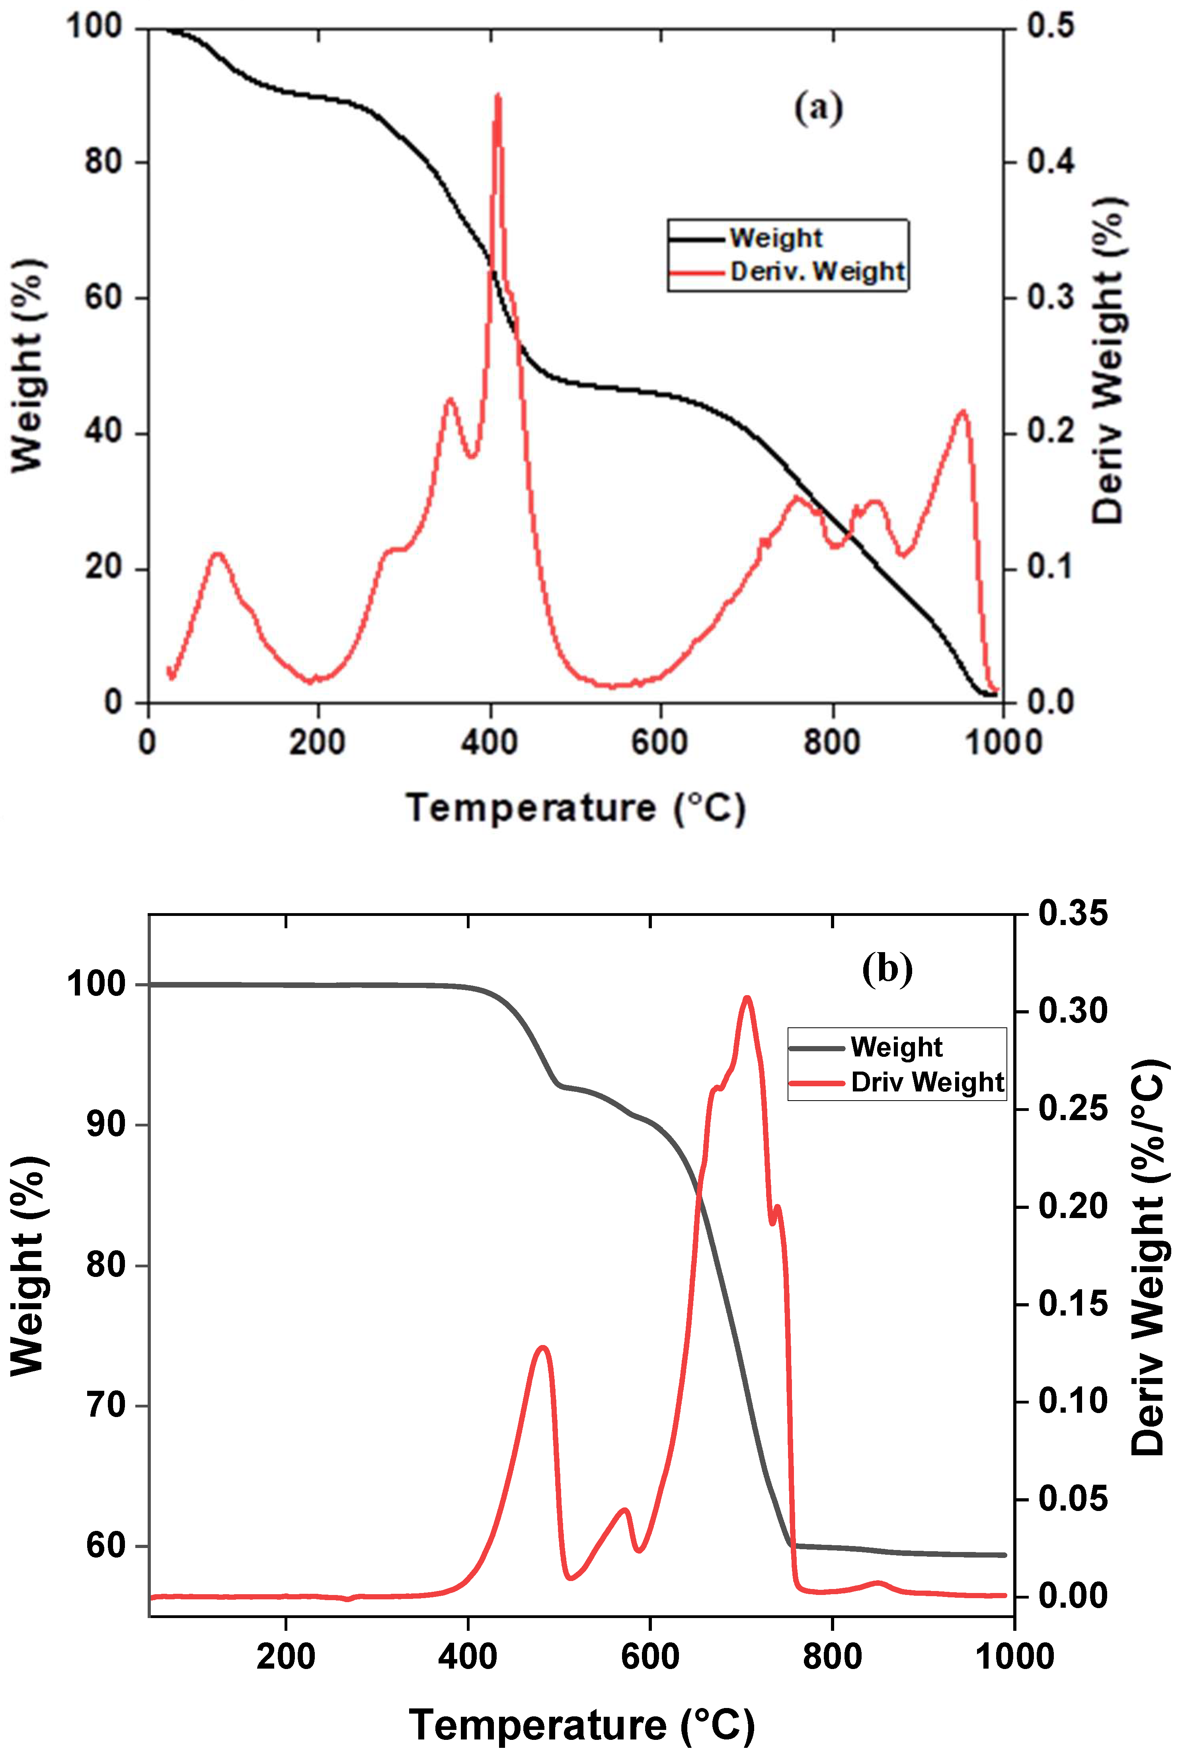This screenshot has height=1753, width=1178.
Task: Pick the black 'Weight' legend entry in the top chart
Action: [x=776, y=238]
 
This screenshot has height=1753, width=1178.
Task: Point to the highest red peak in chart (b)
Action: [x=746, y=999]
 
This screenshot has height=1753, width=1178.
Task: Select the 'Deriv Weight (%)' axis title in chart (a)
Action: [x=1108, y=361]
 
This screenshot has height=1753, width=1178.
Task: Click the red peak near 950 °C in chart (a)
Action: [x=962, y=411]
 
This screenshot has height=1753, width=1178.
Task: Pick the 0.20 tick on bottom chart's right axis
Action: [x=1072, y=1206]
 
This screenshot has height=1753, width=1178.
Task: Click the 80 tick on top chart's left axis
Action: [x=104, y=162]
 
